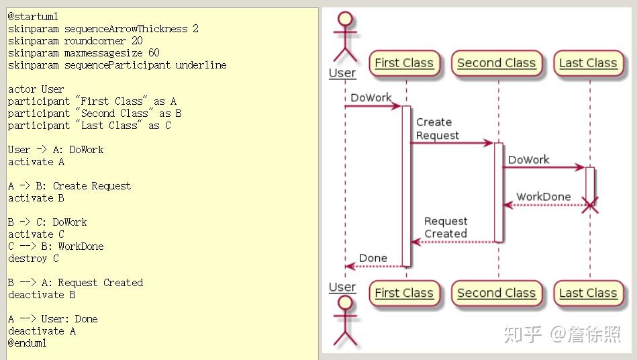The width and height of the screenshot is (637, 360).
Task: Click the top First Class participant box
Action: point(404,63)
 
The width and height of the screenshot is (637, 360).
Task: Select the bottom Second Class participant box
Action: point(497,293)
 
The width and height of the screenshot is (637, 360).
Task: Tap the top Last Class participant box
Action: point(588,63)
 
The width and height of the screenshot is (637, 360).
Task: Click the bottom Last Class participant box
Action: point(588,293)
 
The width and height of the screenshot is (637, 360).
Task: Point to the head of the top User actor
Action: point(345,18)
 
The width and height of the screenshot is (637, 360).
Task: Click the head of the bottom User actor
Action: point(345,303)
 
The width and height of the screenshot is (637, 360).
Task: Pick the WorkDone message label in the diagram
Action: point(544,197)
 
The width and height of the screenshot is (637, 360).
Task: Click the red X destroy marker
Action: point(590,206)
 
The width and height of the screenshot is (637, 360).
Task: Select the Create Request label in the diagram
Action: point(438,129)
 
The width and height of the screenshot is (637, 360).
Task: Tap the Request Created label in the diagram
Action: point(446,227)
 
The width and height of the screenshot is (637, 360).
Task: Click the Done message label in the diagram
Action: point(373,258)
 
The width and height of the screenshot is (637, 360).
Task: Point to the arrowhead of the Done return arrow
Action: point(346,267)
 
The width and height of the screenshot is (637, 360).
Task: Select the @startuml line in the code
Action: point(33,17)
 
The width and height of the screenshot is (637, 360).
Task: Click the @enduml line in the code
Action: point(28,343)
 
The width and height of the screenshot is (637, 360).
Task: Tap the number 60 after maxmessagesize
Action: point(154,53)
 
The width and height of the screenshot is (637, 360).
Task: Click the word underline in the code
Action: point(201,65)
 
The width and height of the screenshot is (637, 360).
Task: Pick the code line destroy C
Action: point(34,259)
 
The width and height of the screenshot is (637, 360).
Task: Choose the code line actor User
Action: point(36,89)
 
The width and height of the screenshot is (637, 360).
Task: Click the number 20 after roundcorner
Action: point(137,40)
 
